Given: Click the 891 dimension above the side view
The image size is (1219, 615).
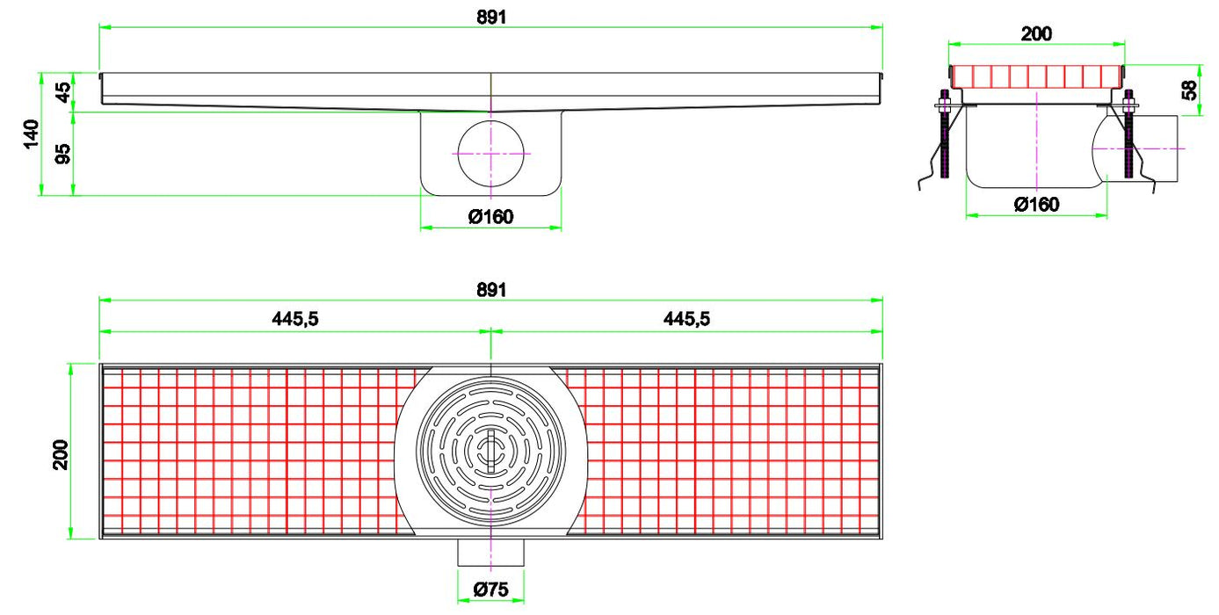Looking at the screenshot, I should [492, 16].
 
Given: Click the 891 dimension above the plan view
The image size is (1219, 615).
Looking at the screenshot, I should [492, 289].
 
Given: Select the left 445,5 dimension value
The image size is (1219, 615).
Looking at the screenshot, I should [294, 319].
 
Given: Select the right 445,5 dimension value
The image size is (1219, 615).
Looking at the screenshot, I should [686, 319].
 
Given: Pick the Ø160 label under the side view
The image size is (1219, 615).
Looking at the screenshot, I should [490, 216].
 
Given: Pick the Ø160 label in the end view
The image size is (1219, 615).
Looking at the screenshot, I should [1036, 204].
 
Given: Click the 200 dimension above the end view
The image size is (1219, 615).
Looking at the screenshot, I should [1036, 33].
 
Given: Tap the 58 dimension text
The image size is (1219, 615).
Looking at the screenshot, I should [1189, 90].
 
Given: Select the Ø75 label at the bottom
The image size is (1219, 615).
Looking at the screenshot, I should [490, 590].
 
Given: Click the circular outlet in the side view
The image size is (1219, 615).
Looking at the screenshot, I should [491, 154].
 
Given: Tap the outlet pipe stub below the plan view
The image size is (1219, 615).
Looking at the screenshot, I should [490, 553].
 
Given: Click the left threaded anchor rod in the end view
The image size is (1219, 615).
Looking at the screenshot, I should [945, 136].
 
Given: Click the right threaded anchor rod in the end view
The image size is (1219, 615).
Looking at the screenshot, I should [1128, 136].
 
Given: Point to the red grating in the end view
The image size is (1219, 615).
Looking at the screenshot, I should [1036, 76].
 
